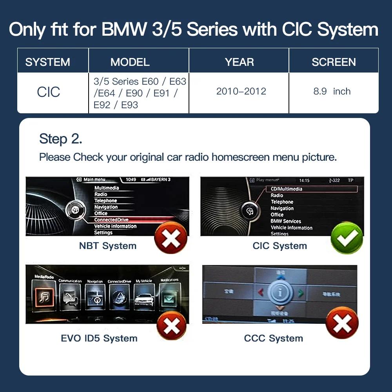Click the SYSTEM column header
(x=47, y=62)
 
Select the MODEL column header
(x=130, y=62)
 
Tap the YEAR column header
(x=239, y=62)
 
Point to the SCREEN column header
(x=334, y=62)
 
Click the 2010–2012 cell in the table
(x=241, y=91)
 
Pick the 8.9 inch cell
(x=332, y=91)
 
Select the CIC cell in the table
(x=49, y=93)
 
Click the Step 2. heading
(x=61, y=139)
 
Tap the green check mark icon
(x=347, y=238)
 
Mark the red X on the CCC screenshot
(x=342, y=323)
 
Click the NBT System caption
(x=108, y=246)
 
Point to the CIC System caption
(x=279, y=246)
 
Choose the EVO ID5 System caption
(x=99, y=338)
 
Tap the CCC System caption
(x=274, y=338)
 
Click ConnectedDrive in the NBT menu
(x=111, y=220)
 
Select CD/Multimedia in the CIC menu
(x=287, y=189)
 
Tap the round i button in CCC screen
(x=280, y=293)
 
